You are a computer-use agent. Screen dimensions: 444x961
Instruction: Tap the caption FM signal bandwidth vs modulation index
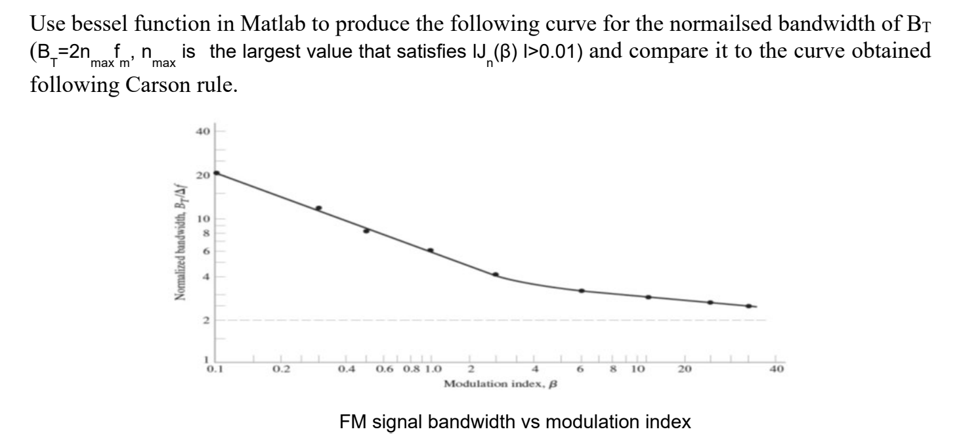515,423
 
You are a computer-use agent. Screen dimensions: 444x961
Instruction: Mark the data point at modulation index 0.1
217,173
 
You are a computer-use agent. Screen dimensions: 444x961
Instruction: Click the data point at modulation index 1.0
431,250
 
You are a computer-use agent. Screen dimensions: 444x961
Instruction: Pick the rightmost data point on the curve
748,306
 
